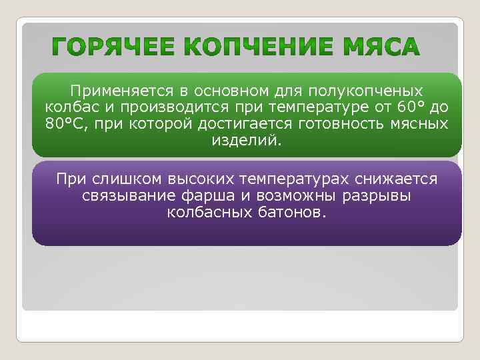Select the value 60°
click(x=397, y=107)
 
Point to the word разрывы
click(x=377, y=196)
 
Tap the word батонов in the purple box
click(x=291, y=213)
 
